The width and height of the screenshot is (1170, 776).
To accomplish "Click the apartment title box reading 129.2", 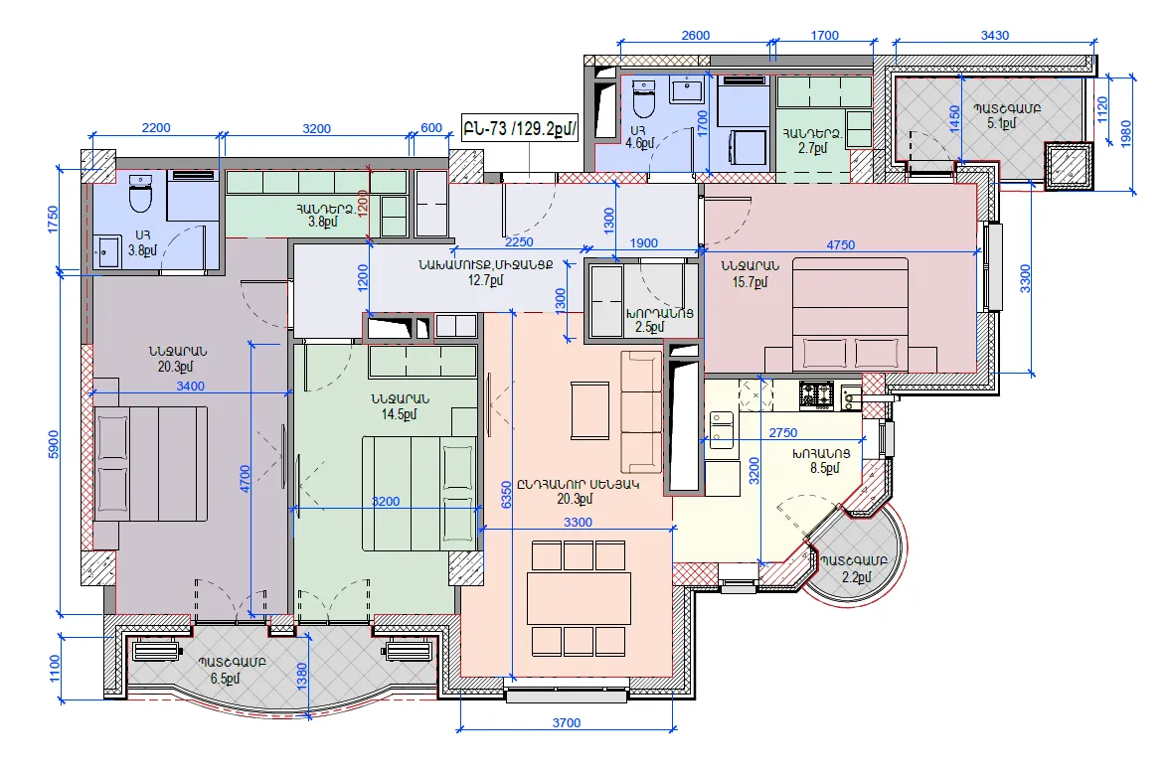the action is [520, 128].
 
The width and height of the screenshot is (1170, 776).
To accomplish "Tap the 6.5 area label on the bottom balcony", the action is [226, 679].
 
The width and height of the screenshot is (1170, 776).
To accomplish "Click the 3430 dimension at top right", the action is [995, 35].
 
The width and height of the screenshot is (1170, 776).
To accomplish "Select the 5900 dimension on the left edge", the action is [53, 445].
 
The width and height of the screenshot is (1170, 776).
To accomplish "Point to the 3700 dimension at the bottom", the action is [567, 722].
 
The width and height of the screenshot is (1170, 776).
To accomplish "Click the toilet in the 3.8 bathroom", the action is [140, 193].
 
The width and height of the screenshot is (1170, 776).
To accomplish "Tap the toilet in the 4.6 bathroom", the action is [643, 99].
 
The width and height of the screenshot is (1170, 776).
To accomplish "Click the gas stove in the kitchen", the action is [816, 394].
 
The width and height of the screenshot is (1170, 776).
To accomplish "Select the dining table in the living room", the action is [579, 599].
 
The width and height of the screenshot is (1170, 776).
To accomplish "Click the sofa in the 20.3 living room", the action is [641, 412].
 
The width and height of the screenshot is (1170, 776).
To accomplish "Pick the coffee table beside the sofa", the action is [590, 410].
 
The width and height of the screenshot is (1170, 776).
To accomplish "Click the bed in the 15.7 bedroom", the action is [851, 314].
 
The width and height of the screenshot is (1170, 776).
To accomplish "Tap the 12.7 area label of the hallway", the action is [486, 280].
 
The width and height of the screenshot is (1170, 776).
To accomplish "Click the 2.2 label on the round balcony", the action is [857, 576].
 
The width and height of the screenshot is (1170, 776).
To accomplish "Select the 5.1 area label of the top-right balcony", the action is [1001, 123].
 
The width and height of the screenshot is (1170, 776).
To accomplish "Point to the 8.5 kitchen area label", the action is [824, 468].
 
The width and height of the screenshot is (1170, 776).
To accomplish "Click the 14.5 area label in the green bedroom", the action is [400, 414].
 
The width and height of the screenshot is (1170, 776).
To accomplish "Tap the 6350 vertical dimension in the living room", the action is [507, 495].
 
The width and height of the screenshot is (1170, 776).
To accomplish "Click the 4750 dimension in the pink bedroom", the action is [841, 244].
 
